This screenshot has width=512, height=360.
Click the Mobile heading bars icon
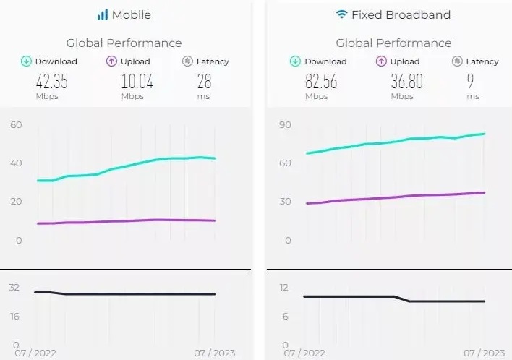(103, 14)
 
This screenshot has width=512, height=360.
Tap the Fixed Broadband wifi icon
(341, 14)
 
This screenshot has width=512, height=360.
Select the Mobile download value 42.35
(46, 80)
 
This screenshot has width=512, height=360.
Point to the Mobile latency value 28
(204, 80)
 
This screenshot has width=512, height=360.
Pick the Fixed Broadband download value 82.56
(315, 80)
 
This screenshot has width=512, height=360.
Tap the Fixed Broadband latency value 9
(472, 80)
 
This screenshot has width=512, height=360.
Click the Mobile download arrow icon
(25, 61)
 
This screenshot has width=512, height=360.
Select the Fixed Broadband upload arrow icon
(380, 61)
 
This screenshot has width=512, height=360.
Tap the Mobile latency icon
(187, 61)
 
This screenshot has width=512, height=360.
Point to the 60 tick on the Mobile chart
(17, 125)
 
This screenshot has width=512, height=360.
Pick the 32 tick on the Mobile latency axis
(14, 288)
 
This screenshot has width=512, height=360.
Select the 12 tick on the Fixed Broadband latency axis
(283, 288)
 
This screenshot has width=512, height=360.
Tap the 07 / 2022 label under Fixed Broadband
(304, 353)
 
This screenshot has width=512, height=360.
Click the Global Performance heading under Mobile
(124, 43)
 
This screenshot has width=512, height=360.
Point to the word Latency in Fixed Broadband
(482, 61)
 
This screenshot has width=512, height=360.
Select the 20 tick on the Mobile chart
(17, 202)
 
